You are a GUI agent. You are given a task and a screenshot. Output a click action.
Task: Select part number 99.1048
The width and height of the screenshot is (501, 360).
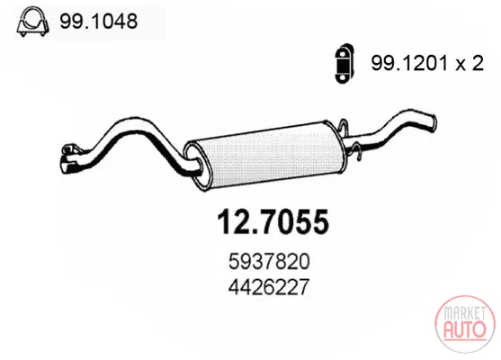pos(98,22)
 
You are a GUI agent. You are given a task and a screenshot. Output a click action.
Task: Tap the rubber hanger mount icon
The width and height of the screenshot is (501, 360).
pos(344,63)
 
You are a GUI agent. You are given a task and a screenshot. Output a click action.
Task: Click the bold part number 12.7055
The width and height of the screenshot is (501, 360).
pos(273,222)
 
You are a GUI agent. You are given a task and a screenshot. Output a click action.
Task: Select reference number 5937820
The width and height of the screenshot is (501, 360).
pos(269,261)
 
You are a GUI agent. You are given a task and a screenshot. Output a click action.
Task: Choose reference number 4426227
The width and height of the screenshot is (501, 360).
pos(269,286)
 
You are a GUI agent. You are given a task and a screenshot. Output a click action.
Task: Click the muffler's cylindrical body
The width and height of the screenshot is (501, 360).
pos(265,155)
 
